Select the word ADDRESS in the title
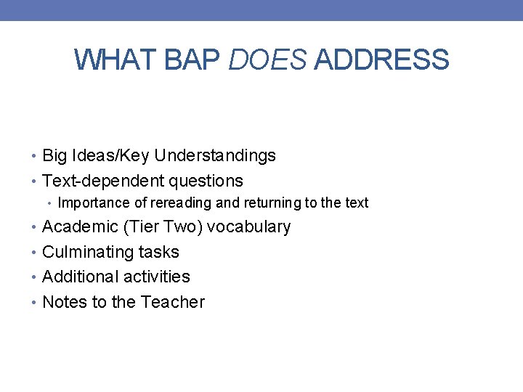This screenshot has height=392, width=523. (x=382, y=60)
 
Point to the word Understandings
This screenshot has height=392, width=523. (x=215, y=156)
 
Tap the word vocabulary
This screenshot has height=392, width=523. (x=249, y=227)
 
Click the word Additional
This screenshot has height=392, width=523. (x=78, y=277)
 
